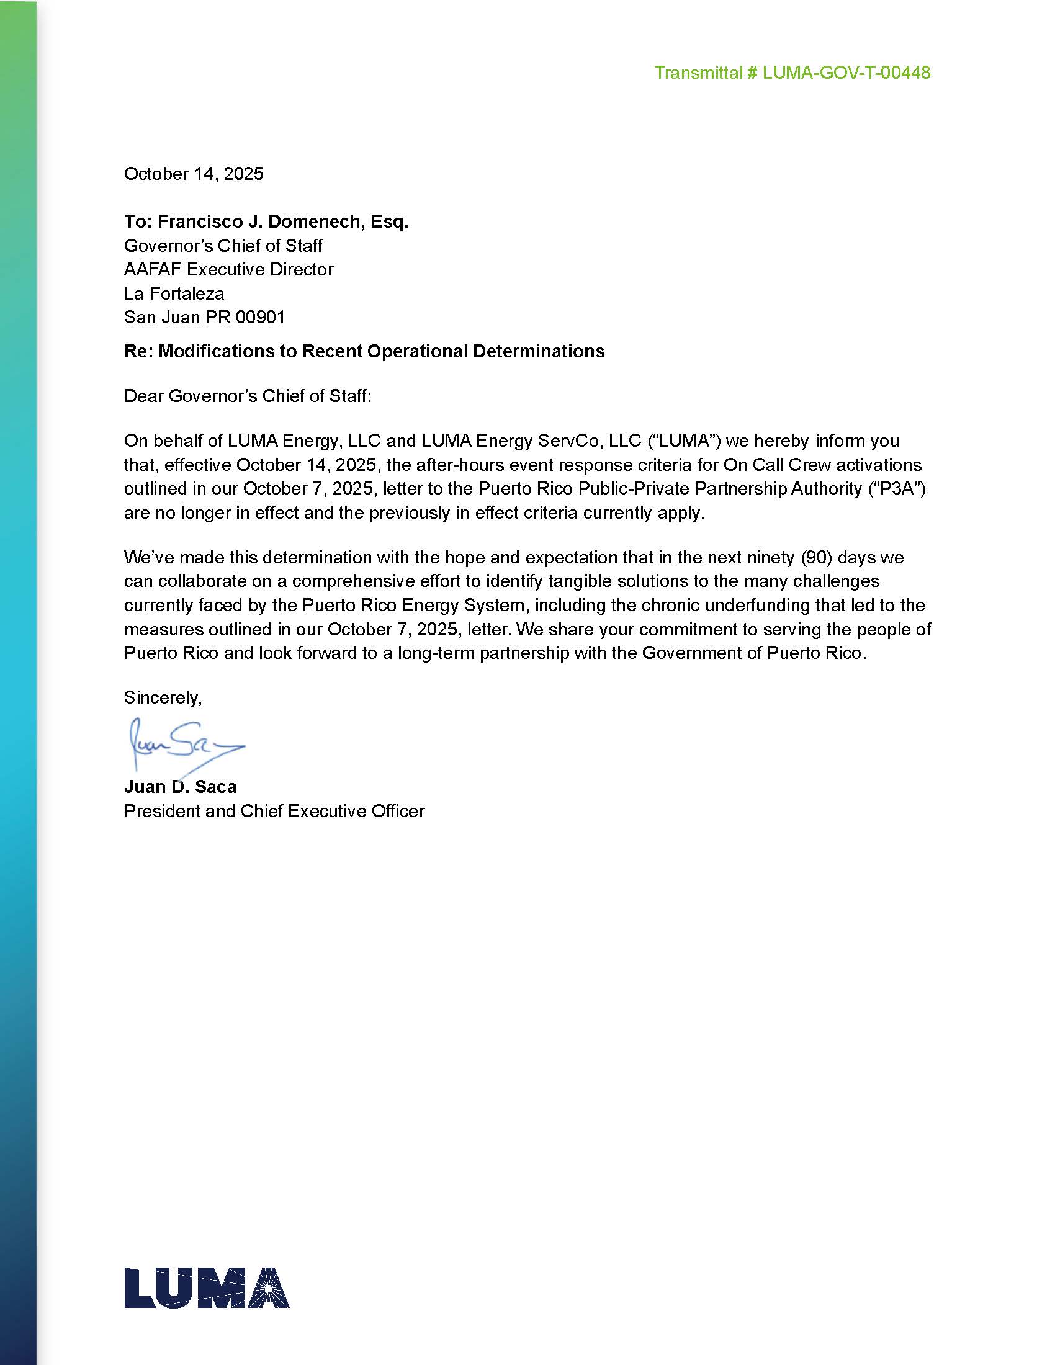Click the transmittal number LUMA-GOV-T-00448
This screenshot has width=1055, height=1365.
[846, 73]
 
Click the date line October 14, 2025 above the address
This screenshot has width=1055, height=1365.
[194, 174]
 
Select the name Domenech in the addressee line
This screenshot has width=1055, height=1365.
[316, 222]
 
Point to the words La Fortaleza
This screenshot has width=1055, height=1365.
[174, 293]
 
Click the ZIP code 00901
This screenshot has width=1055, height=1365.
[261, 317]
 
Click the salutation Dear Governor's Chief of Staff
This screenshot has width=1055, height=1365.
[248, 396]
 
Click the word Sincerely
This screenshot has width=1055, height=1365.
[163, 697]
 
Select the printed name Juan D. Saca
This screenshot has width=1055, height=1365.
[180, 787]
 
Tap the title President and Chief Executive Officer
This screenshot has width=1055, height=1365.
[274, 812]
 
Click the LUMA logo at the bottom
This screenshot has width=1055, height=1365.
[206, 1288]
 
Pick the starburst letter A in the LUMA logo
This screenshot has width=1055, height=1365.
[266, 1288]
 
